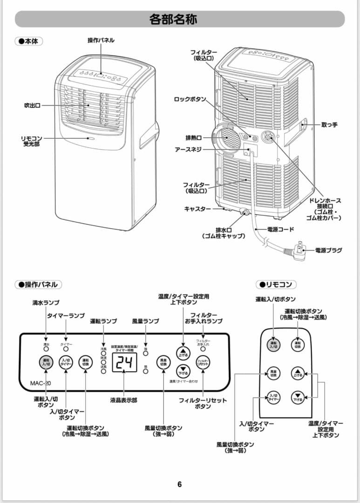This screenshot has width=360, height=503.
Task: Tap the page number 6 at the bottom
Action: click(x=180, y=484)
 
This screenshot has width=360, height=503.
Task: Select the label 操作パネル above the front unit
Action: click(x=101, y=41)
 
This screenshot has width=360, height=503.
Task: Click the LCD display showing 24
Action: click(x=124, y=363)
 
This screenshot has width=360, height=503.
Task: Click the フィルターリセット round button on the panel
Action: click(x=203, y=363)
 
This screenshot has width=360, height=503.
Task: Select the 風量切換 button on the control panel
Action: click(x=163, y=363)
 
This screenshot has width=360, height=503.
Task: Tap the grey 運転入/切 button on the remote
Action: click(x=273, y=345)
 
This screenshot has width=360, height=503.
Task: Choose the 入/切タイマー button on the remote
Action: click(x=273, y=397)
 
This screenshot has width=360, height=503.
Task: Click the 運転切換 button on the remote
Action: click(x=298, y=345)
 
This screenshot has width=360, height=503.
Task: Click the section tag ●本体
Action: click(x=29, y=41)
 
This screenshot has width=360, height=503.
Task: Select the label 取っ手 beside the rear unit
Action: click(x=329, y=125)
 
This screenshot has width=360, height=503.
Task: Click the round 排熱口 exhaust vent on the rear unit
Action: click(x=227, y=137)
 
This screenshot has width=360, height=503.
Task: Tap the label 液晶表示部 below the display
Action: click(x=124, y=400)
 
